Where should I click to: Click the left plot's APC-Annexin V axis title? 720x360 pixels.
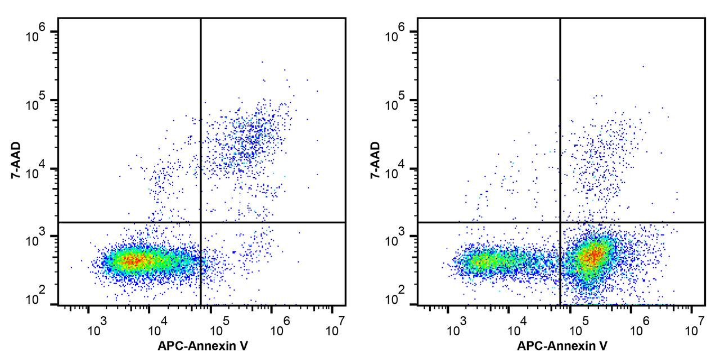pyautogui.click(x=202, y=346)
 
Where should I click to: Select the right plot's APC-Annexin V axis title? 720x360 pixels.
pyautogui.click(x=562, y=346)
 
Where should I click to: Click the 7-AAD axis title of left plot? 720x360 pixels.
pyautogui.click(x=18, y=161)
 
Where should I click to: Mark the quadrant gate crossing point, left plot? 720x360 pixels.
pyautogui.click(x=201, y=222)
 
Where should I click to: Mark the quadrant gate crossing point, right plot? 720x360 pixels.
pyautogui.click(x=560, y=222)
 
